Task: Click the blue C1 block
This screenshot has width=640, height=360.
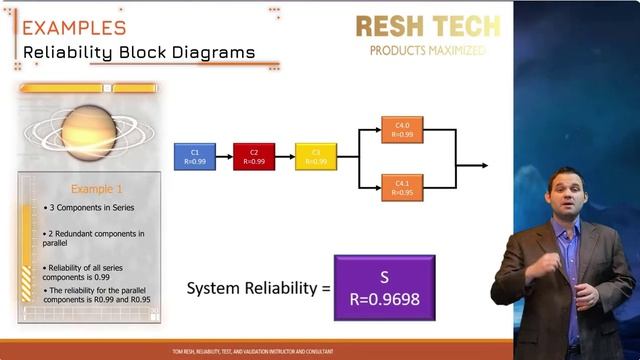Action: [x=195, y=157]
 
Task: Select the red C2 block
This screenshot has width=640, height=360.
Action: [x=254, y=157]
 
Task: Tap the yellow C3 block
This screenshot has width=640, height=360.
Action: [x=315, y=157]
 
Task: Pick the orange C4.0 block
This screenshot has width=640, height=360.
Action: [x=402, y=130]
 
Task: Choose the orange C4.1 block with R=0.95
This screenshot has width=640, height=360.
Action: [x=402, y=187]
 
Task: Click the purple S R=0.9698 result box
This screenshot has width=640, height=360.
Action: [x=384, y=287]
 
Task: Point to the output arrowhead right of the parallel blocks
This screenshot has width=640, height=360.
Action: [x=484, y=165]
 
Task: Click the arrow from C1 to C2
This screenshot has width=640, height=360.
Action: [x=224, y=157]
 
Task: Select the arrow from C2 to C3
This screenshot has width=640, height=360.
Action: [x=284, y=157]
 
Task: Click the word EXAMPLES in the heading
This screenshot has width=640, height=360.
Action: [x=75, y=27]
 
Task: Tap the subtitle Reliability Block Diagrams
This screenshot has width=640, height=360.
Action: [x=139, y=52]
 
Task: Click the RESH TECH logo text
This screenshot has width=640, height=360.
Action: [x=427, y=26]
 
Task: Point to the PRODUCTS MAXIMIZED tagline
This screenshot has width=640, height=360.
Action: [x=427, y=50]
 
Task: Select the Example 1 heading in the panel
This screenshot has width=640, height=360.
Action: [x=97, y=188]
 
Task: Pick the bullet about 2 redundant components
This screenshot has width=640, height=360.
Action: [x=94, y=238]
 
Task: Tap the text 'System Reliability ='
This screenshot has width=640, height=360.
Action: [x=258, y=288]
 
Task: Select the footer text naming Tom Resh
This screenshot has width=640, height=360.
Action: [x=253, y=352]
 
